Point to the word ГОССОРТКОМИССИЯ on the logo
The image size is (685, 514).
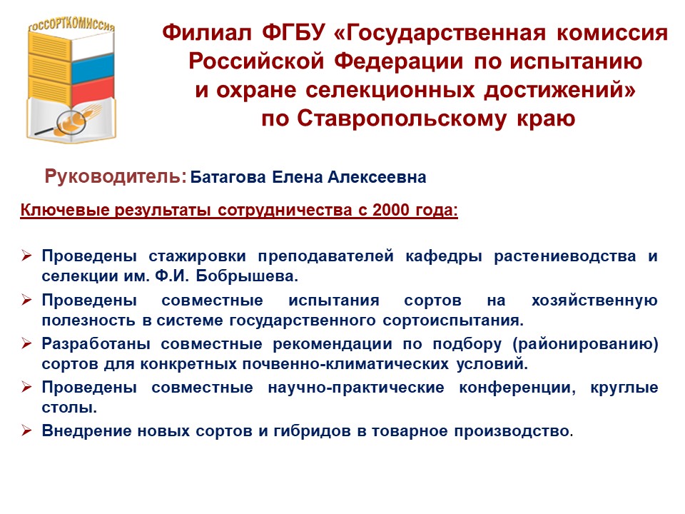71,24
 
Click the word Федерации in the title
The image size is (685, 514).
399,61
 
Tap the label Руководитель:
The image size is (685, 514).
116,176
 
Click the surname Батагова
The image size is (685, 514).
228,177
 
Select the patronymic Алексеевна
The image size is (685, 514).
377,177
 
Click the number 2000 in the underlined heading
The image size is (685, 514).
392,210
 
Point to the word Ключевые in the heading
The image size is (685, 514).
65,210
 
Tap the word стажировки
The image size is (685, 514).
197,256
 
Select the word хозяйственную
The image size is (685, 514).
594,301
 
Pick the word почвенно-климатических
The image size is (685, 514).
345,364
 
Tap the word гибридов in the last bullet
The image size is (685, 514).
312,431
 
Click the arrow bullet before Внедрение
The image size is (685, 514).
26,431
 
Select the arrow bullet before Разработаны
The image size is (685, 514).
26,344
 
